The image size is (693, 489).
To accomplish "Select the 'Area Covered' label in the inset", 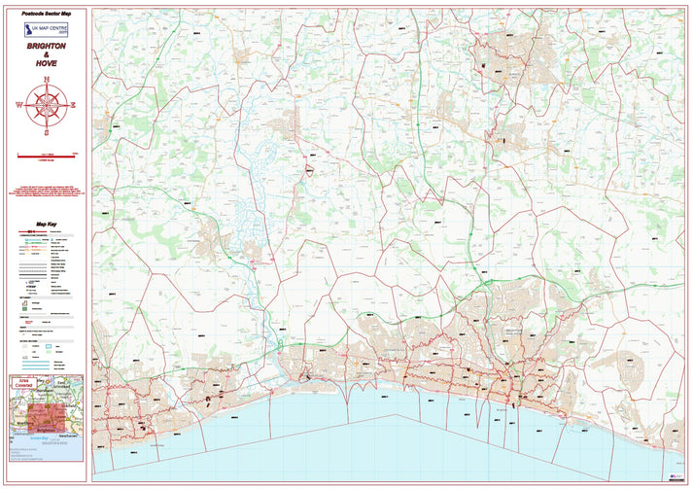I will click(24, 384).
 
